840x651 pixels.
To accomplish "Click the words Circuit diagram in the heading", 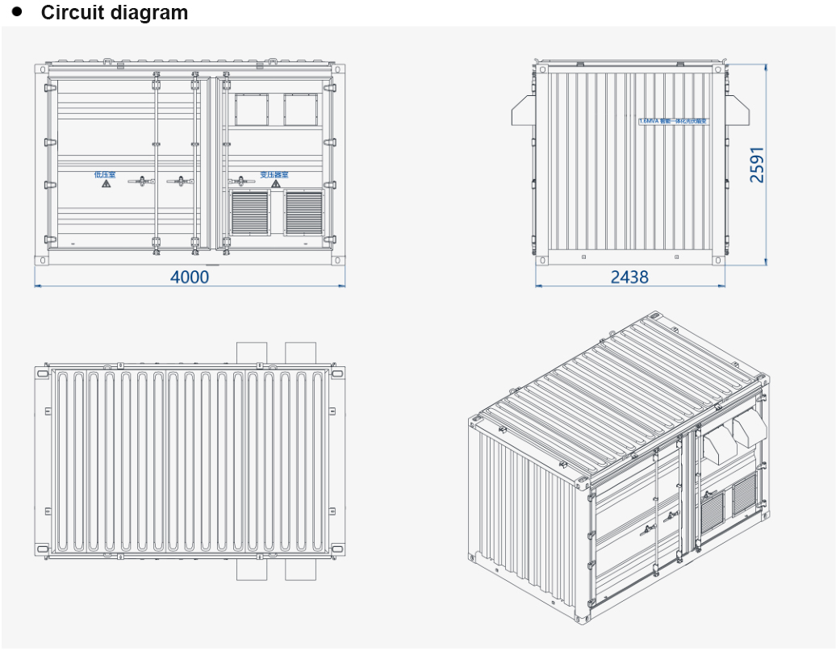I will coord(114,13).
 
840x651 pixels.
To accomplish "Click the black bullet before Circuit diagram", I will coord(17,12).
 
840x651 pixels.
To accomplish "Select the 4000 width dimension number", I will coord(190,277).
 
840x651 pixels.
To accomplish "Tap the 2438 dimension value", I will coord(629,277).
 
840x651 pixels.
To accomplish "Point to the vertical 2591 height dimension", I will coord(757,165).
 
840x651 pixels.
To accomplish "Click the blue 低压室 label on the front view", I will coord(105,173).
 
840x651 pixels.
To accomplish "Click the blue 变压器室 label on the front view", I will coord(274,174).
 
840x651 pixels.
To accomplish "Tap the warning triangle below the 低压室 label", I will coord(106,185).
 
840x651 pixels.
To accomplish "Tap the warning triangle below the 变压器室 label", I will coord(275,185).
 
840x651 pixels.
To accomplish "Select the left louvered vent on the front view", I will coord(250,212).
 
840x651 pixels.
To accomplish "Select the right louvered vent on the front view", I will coord(303,212).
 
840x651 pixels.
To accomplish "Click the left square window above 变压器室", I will coord(251,110).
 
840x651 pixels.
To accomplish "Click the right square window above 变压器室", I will coord(302,110).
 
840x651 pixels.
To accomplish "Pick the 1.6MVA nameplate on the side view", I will coord(673,121).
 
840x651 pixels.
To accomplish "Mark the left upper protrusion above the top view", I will coord(251,353).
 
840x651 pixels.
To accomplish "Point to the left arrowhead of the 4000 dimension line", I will coord(36,285).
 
